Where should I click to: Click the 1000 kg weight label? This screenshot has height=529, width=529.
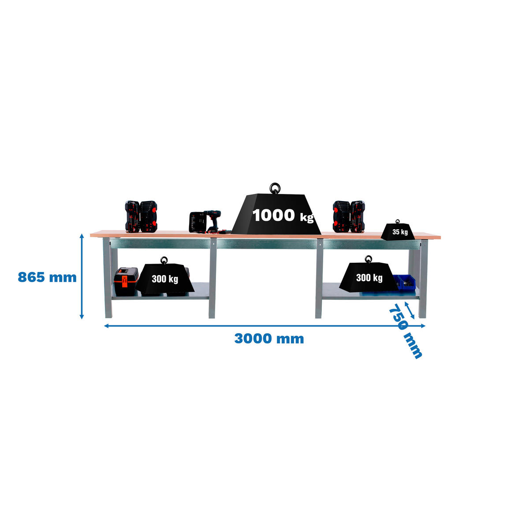(x=282, y=216)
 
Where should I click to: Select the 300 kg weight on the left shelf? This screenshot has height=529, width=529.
(x=165, y=279)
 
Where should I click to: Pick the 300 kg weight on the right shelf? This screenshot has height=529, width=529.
(x=369, y=277)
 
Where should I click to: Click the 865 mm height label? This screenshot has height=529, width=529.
(x=47, y=277)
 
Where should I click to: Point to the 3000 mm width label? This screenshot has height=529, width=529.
(x=268, y=339)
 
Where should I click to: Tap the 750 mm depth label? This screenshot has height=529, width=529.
(x=405, y=331)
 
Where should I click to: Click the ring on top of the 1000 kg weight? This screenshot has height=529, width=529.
(x=276, y=188)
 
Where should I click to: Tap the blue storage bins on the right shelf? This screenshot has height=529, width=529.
(x=405, y=282)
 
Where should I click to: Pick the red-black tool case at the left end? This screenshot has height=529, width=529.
(x=141, y=216)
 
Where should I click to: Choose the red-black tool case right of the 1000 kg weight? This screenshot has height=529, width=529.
(x=349, y=216)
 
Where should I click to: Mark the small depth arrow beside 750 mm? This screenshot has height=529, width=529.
(x=410, y=309)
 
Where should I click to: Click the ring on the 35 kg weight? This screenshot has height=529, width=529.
(x=398, y=222)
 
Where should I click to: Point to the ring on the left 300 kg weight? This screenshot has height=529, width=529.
(x=164, y=260)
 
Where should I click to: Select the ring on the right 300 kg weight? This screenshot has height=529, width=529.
(x=368, y=259)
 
